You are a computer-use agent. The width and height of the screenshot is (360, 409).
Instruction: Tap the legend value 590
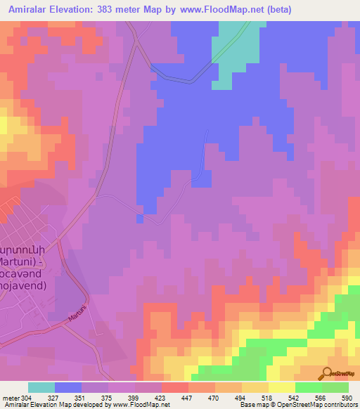[x=345, y=396]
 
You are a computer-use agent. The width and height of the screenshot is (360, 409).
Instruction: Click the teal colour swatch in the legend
[x=41, y=387]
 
